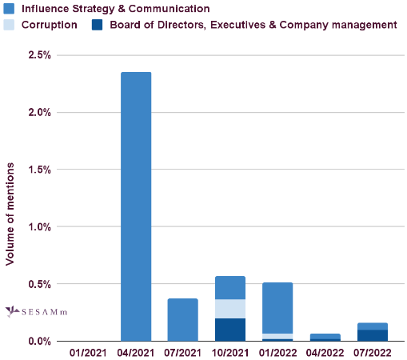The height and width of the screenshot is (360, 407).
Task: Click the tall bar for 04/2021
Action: pos(136,206)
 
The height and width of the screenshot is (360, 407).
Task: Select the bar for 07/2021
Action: pos(183,320)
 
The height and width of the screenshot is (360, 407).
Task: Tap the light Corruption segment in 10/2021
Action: pos(230,309)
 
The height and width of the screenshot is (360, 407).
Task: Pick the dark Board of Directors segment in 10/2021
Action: pos(230,330)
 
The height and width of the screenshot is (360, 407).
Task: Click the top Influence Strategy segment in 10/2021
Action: pos(230,288)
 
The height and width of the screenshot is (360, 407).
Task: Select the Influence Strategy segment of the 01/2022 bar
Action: pos(277,308)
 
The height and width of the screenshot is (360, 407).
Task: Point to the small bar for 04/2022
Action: pos(325,337)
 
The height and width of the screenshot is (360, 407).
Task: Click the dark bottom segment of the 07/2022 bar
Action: pos(372,335)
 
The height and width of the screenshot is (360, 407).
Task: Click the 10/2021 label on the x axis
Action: pos(230,352)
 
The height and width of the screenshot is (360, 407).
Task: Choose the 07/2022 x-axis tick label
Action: pos(372,352)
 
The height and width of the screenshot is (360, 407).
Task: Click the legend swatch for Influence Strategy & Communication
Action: pos(10,9)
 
